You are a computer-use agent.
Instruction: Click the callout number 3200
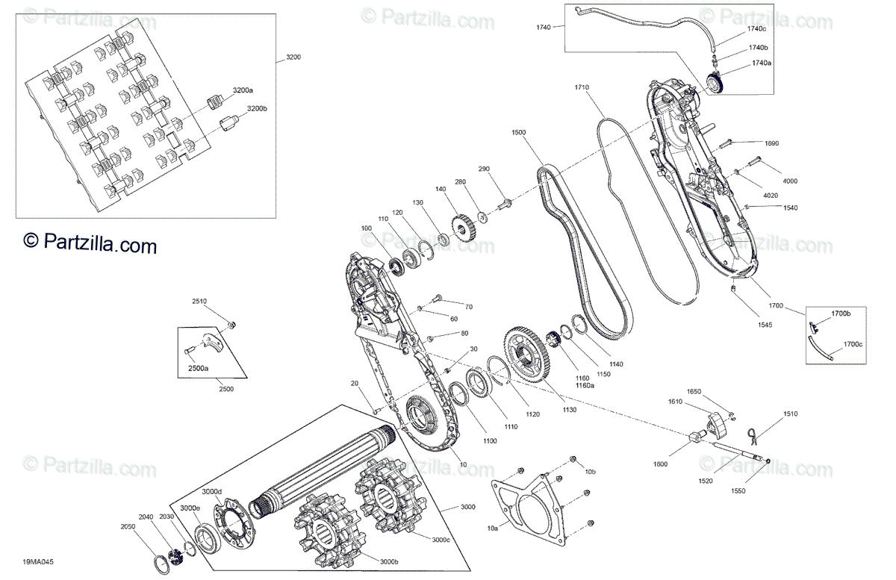coord(293,57)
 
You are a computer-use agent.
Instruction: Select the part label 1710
coord(582,87)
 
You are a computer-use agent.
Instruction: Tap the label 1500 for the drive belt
coord(518,132)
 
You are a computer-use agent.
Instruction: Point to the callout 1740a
coord(761,63)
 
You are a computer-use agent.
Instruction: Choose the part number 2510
coord(199,302)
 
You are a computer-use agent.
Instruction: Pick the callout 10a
coord(492,528)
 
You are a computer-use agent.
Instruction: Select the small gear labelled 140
coord(463,227)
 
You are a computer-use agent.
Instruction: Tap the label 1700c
coord(853,345)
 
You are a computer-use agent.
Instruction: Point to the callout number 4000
coord(790,181)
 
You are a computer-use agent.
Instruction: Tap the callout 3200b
coord(257,109)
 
